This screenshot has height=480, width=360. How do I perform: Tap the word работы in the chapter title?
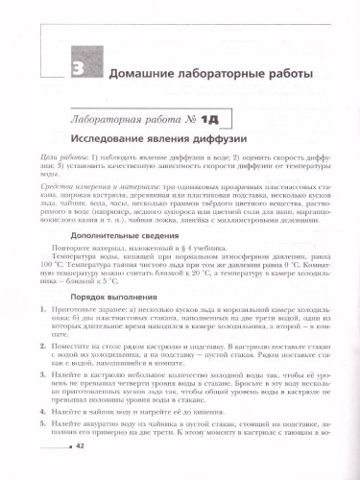(x=302, y=74)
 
